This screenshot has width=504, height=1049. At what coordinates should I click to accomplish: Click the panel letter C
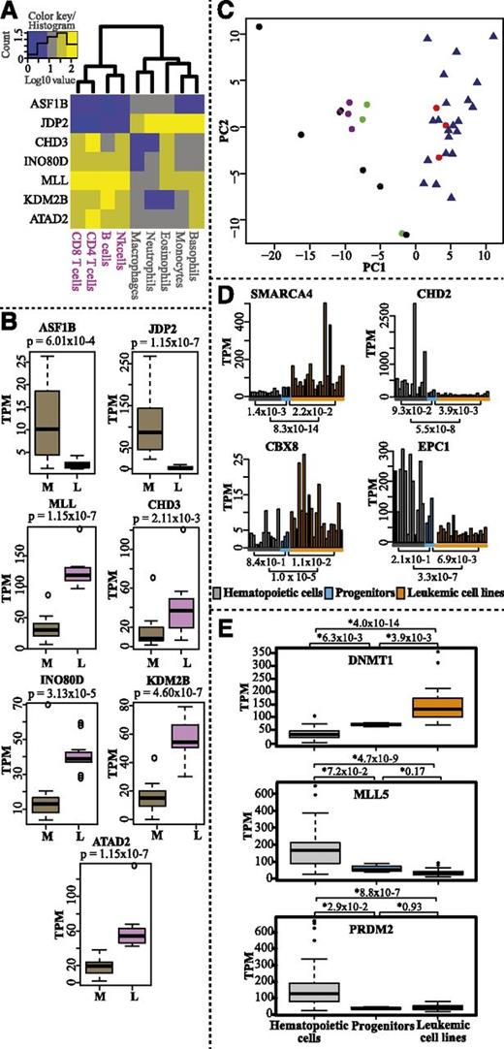pyautogui.click(x=223, y=11)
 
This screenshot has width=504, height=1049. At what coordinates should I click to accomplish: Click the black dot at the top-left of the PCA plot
pyautogui.click(x=259, y=27)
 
